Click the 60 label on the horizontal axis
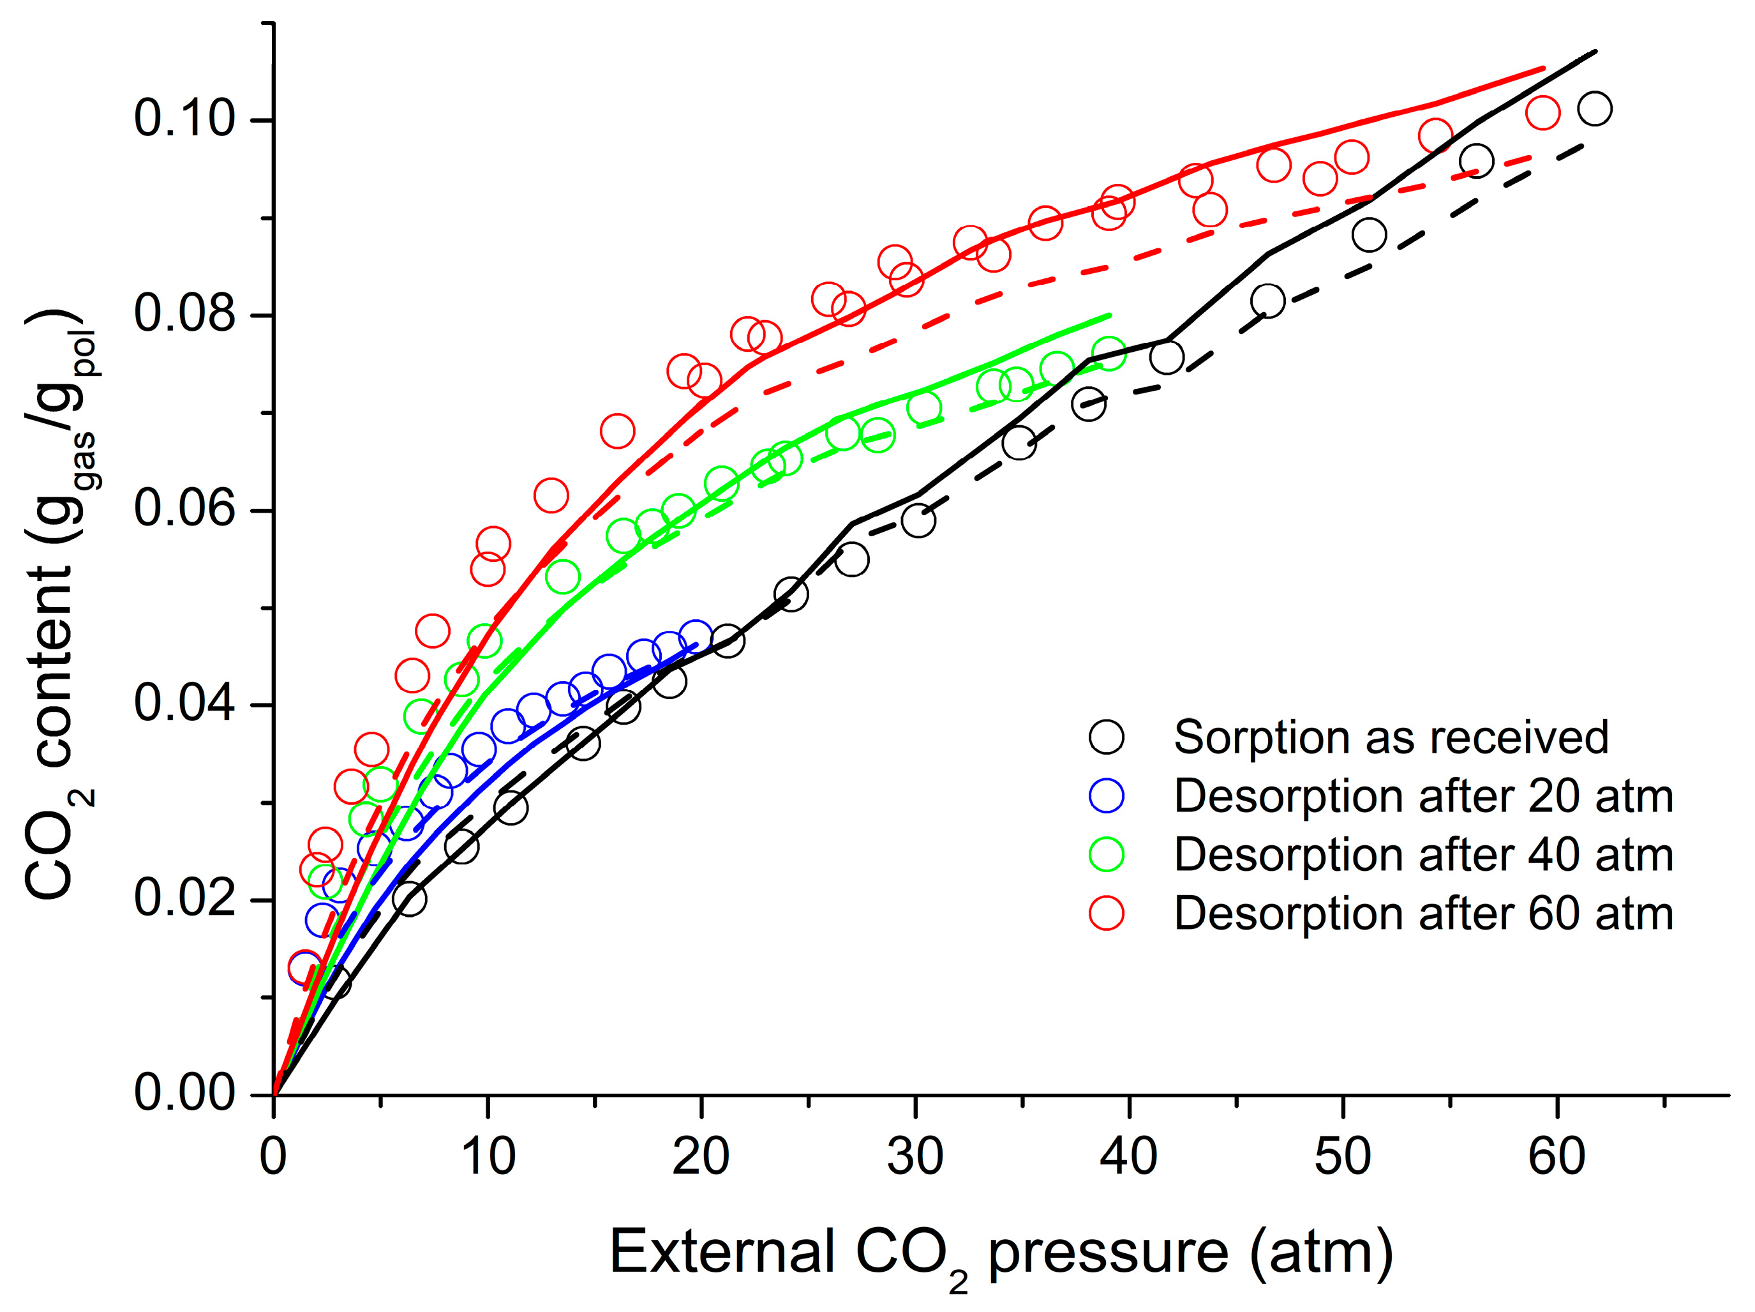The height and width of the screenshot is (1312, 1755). (1557, 1157)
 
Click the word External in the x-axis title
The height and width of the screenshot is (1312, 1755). (722, 1252)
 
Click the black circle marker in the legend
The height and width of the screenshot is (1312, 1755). (1106, 737)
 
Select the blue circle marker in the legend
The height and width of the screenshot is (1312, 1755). (1106, 795)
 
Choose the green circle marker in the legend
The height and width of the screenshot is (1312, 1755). (1106, 854)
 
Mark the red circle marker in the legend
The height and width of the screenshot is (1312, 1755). (1106, 913)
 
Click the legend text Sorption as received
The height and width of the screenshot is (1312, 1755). (1391, 737)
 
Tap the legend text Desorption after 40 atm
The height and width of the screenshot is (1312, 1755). (1423, 855)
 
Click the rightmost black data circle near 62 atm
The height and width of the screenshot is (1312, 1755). (1595, 108)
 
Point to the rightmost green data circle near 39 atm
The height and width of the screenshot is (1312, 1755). (1109, 353)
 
